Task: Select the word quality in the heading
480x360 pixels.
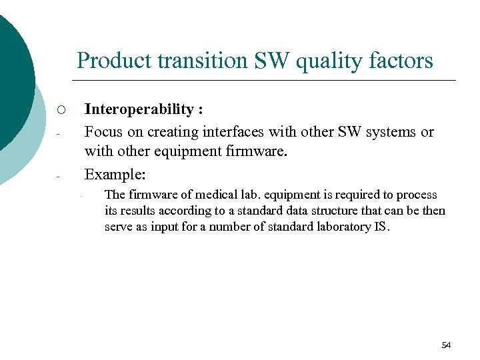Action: pos(326,61)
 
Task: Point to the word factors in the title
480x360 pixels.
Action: pos(399,61)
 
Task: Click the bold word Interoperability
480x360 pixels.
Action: pos(139,109)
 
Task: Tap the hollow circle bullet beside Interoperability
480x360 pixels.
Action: pos(60,110)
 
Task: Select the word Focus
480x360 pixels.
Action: pos(103,132)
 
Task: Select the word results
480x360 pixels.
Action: pos(135,211)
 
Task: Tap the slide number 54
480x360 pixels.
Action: pos(446,345)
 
